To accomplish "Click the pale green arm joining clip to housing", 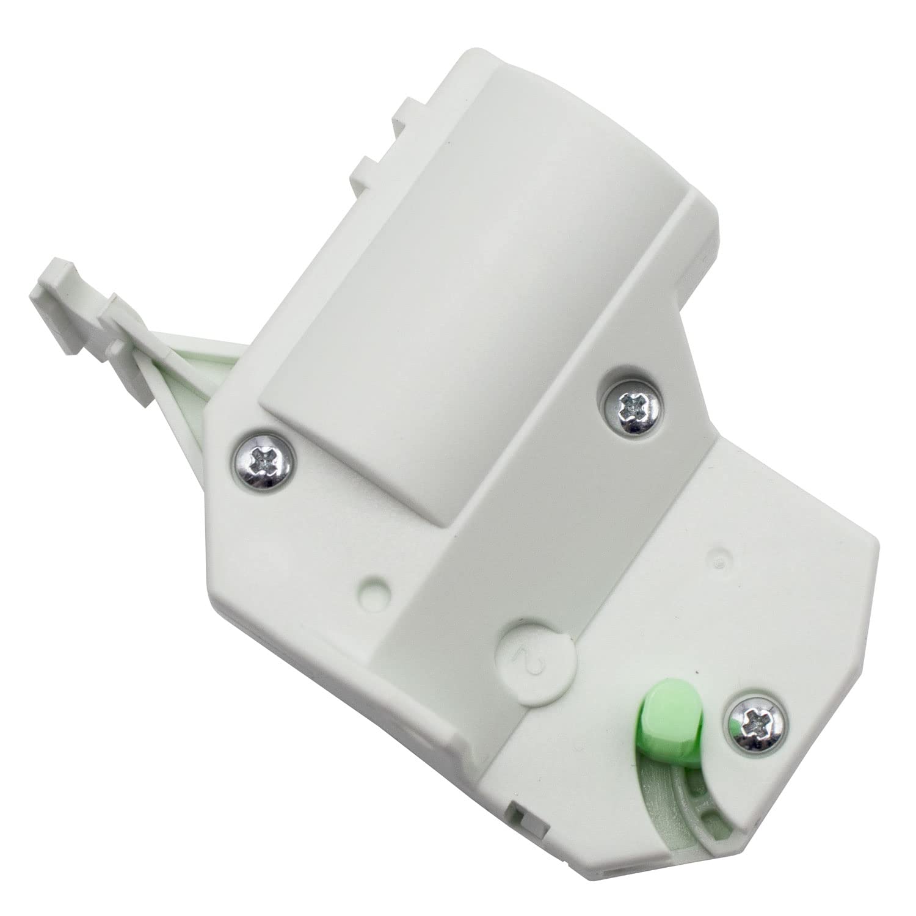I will point(183,360).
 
